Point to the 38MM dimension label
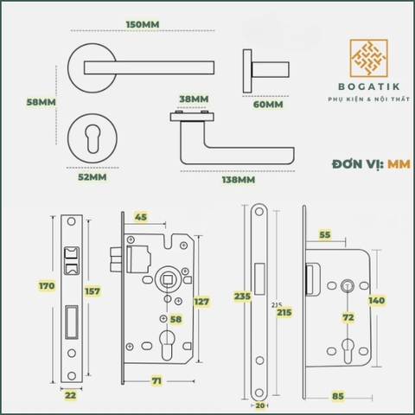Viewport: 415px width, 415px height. (193, 99)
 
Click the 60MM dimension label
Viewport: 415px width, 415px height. (267, 105)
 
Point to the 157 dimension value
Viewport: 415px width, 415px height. (93, 290)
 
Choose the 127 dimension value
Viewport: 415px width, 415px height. (201, 302)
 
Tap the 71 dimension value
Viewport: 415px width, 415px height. (157, 380)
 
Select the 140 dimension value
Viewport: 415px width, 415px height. (377, 300)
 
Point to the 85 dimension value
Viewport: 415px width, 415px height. (339, 397)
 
